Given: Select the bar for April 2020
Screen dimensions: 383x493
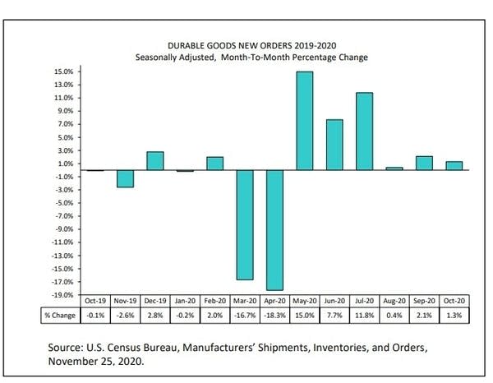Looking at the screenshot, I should [x=274, y=229].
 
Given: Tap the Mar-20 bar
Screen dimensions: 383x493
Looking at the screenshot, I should [x=245, y=224].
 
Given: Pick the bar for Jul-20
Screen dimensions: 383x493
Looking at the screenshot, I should [x=364, y=132].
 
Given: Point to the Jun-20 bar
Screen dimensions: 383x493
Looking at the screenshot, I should [x=334, y=145].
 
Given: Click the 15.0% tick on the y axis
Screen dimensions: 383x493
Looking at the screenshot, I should [x=65, y=72].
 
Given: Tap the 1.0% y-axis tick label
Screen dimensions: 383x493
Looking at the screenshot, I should [x=66, y=163].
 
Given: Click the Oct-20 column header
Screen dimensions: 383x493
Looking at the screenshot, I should [x=453, y=302].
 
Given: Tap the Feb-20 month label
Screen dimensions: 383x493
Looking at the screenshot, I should [x=214, y=302].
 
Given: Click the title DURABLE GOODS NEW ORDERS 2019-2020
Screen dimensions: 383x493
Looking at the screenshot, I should [x=251, y=46].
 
